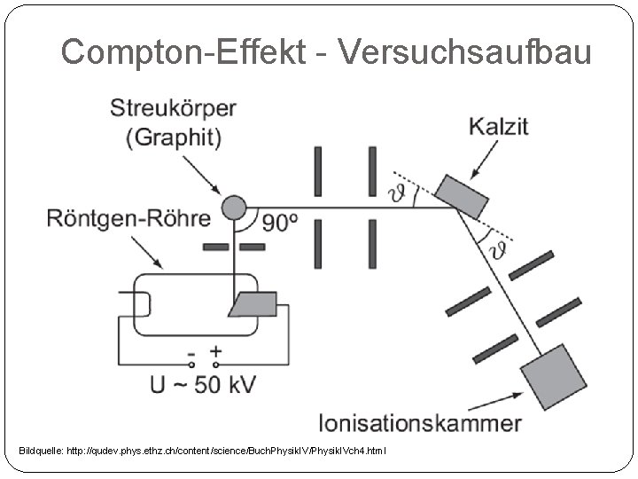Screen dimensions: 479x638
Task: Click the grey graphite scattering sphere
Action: click(232, 208)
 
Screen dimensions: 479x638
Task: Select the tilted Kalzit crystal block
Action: click(462, 195)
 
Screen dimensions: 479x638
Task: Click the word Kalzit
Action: click(498, 126)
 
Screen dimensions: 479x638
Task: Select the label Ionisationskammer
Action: click(421, 422)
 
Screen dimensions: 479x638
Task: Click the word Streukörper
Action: click(173, 109)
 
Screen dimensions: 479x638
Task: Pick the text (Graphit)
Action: click(173, 137)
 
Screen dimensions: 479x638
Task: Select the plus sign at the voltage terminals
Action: click(216, 352)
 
